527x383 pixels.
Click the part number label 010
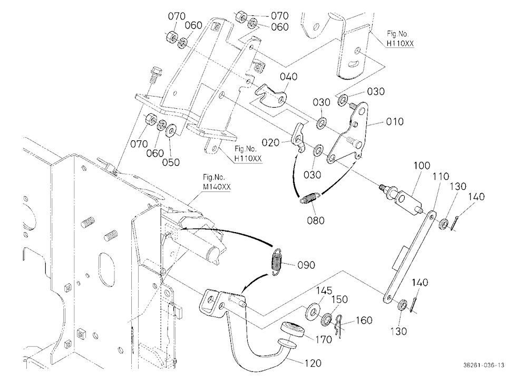click(x=395, y=121)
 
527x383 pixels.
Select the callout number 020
click(x=270, y=142)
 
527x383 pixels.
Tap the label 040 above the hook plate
click(x=289, y=76)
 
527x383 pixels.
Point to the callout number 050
click(x=171, y=162)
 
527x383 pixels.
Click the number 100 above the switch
click(x=422, y=166)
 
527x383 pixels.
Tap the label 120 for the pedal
click(x=313, y=363)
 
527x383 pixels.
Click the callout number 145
click(x=324, y=291)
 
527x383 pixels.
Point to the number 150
click(x=339, y=299)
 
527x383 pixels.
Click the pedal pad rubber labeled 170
click(x=292, y=329)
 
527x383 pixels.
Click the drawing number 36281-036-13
click(x=484, y=365)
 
